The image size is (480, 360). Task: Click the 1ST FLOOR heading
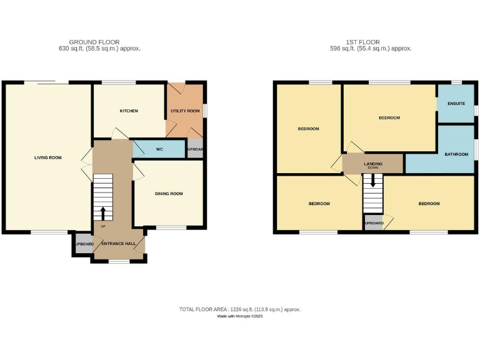click(374, 42)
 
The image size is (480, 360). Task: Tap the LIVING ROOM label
click(48, 157)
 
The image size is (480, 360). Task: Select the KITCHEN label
click(129, 111)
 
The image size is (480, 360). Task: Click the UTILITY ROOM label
click(185, 111)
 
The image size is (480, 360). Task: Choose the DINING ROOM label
click(169, 194)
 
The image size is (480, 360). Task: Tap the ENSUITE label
click(456, 103)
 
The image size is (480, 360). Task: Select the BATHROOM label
click(456, 154)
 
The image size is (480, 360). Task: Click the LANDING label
click(373, 164)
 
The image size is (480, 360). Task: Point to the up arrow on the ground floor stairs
click(103, 212)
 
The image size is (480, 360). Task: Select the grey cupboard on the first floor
click(373, 222)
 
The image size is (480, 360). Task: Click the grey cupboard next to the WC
click(195, 149)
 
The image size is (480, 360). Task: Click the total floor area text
click(240, 309)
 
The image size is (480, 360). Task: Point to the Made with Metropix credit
click(240, 317)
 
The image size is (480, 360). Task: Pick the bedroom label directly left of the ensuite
click(389, 117)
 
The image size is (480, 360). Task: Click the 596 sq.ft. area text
click(374, 49)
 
